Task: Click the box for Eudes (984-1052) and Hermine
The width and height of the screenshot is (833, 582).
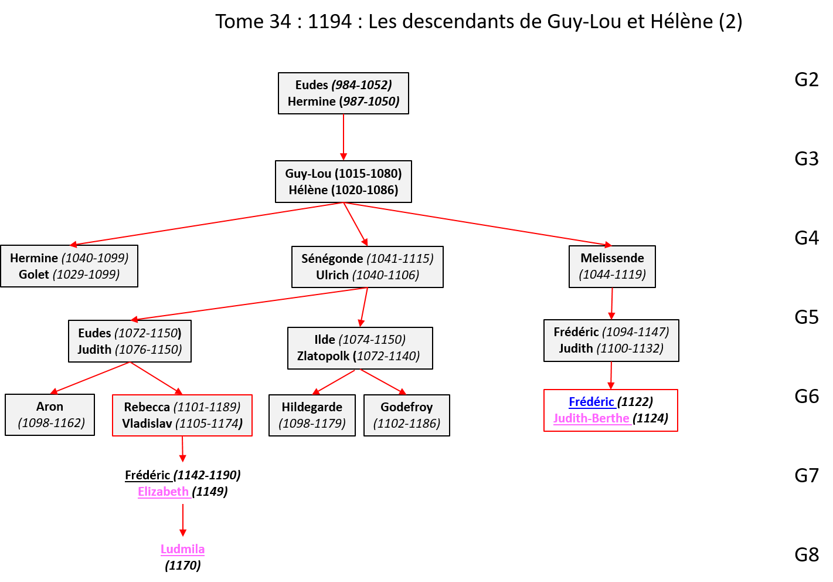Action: (343, 93)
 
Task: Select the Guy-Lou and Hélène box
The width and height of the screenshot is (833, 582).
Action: (343, 182)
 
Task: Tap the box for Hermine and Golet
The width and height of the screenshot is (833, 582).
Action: (69, 266)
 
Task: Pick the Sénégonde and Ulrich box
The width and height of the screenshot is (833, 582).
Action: (367, 267)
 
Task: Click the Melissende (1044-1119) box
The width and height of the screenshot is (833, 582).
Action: (612, 266)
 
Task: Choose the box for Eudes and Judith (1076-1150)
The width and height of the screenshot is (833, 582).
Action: (130, 341)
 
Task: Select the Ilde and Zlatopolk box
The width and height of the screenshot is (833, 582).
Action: (360, 348)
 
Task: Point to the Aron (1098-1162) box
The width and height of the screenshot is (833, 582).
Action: (50, 415)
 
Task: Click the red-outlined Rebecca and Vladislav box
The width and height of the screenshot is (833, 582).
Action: (182, 415)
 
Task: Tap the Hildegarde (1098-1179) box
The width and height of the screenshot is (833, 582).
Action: (312, 415)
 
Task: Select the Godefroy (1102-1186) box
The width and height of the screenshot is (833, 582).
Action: (407, 415)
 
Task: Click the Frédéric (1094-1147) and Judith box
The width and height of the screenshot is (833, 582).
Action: (611, 340)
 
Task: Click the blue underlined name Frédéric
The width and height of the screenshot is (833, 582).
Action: (591, 402)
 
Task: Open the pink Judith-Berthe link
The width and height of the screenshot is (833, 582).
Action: (591, 418)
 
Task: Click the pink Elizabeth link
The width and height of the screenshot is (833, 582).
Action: (164, 492)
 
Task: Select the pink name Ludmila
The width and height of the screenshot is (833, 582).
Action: (183, 549)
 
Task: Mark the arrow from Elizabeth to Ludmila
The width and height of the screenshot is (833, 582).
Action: (183, 520)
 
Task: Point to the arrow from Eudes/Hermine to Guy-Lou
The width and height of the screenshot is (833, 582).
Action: (344, 137)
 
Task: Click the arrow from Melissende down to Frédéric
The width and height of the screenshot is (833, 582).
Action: (611, 303)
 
